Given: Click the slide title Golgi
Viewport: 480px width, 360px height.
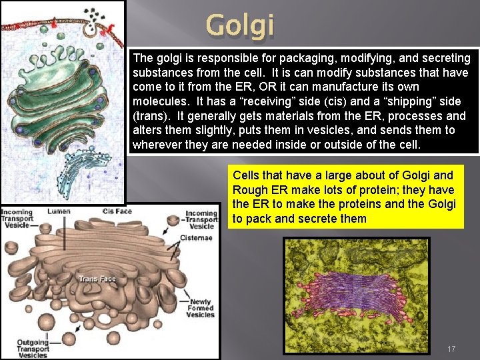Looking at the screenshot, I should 239,25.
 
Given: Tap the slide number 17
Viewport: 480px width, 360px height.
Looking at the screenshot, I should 451,349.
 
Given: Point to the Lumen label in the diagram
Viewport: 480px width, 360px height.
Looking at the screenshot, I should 59,211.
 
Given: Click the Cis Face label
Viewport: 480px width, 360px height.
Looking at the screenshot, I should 117,211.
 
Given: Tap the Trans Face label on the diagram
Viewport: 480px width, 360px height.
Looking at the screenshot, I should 97,279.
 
